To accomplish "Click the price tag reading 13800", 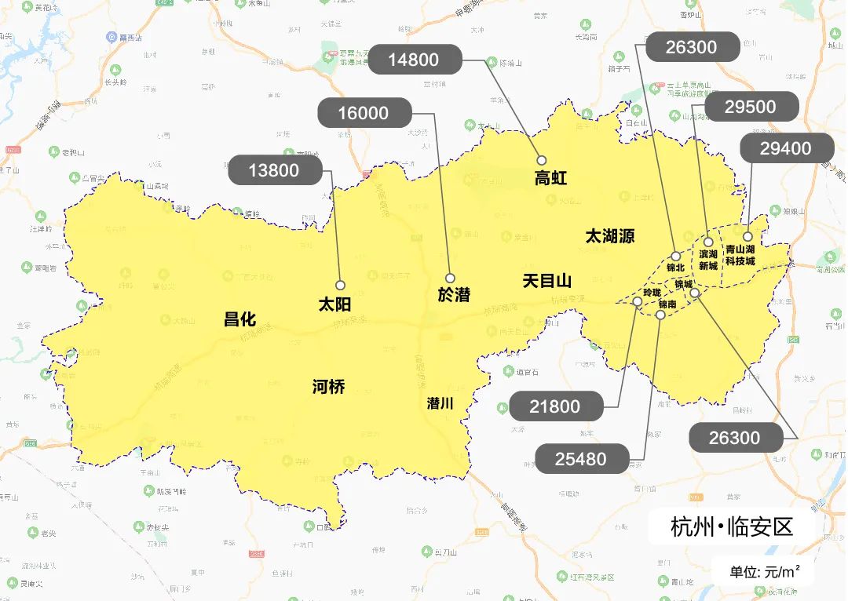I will point(275,170).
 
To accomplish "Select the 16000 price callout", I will point(364,113).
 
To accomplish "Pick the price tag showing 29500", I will point(751,107).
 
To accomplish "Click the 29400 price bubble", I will point(786,148).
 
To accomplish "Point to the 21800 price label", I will point(556,406).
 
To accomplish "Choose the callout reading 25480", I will point(581,459).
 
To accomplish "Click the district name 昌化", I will point(240,319).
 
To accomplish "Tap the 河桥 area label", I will point(328,386).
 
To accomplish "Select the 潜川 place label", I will point(440,403).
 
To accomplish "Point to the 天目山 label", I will point(547,280).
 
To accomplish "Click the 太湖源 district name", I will point(609,236).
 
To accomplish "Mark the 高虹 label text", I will point(550,179).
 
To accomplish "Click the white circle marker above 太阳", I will point(341,285).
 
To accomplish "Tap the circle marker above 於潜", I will point(451,278).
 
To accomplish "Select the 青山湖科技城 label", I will point(740,255).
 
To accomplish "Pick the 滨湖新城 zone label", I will point(708,260).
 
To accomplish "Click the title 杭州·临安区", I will point(732,526).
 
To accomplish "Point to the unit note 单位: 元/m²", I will point(765,571).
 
